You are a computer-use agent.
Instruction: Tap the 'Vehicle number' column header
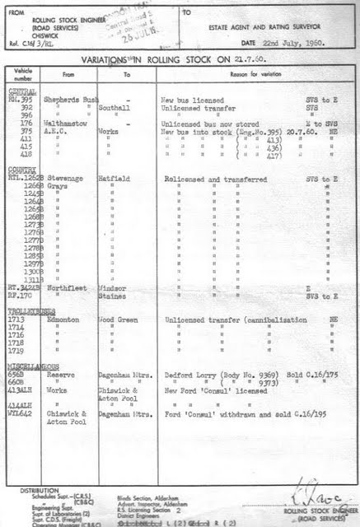(x=20, y=74)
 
